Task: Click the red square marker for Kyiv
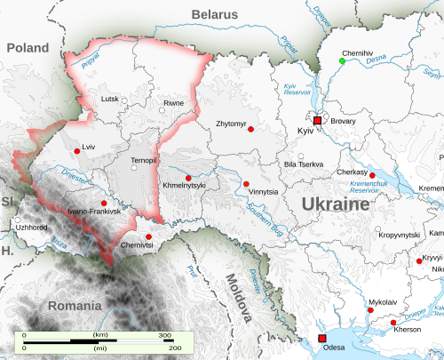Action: [x=317, y=120]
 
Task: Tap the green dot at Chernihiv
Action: [x=342, y=61]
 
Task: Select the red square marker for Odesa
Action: [x=321, y=339]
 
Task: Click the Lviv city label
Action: [x=88, y=146]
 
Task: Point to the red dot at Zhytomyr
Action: [x=251, y=130]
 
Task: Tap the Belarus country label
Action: [x=215, y=15]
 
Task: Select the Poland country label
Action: [x=28, y=46]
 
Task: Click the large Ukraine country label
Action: [x=336, y=205]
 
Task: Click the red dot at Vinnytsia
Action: [x=245, y=184]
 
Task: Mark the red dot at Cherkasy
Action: [x=373, y=175]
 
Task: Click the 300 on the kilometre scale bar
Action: [x=165, y=335]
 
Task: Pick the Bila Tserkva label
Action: [x=304, y=164]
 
